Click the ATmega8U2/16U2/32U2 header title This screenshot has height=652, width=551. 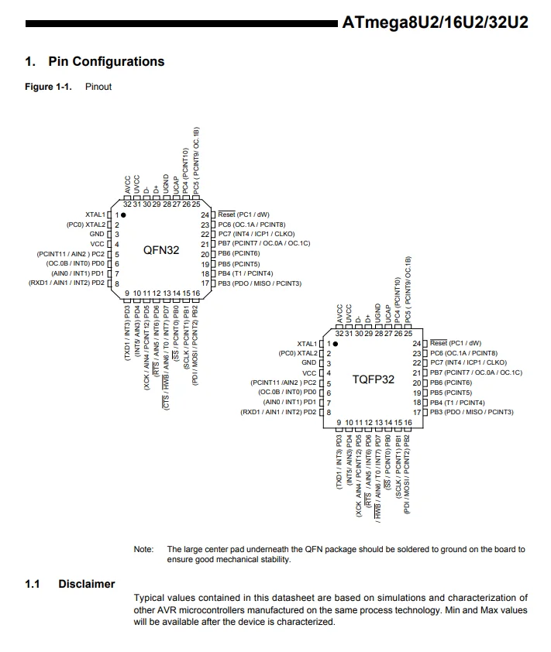(x=435, y=22)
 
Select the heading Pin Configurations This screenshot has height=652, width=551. (x=106, y=62)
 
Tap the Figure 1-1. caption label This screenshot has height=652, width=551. (x=48, y=87)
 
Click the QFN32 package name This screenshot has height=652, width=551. (x=162, y=250)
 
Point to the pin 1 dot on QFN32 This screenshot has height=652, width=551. (x=123, y=214)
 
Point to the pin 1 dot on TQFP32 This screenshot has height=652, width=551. (x=336, y=343)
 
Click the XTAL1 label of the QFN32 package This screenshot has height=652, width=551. (x=95, y=214)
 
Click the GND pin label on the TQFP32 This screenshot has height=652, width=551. (x=308, y=362)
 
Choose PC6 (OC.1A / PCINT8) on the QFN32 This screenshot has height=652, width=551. (x=252, y=224)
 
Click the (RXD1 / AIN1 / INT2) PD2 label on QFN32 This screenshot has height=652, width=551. (x=67, y=283)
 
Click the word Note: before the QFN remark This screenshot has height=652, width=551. (x=143, y=549)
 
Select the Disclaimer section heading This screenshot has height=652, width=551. (x=86, y=584)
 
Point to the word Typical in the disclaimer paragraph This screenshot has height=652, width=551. (x=150, y=598)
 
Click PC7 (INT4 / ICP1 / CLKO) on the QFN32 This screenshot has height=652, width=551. (x=256, y=234)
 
